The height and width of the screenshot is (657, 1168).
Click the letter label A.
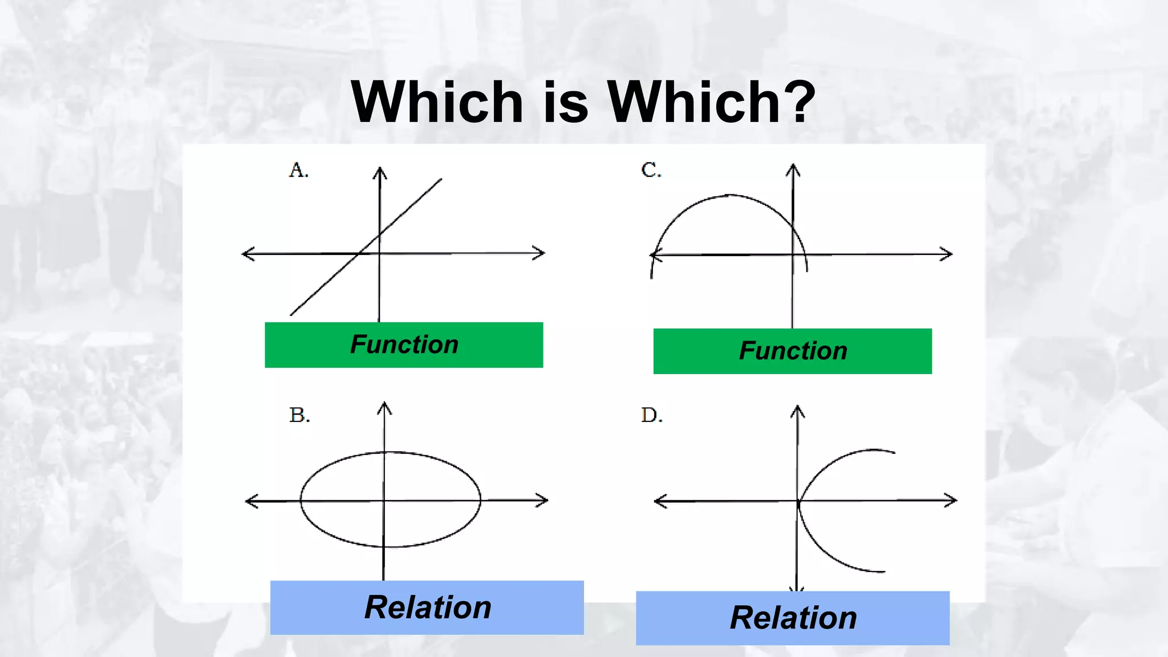(299, 170)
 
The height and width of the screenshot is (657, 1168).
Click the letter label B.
(299, 415)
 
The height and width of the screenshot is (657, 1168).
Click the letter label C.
(651, 170)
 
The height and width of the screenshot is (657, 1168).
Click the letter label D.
(652, 415)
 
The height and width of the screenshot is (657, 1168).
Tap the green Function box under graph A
(404, 345)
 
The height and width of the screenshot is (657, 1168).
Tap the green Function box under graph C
(792, 351)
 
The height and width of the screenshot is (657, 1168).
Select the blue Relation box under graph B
(427, 607)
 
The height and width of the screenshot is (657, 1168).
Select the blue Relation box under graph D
(792, 618)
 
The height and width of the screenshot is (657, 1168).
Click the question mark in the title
(798, 102)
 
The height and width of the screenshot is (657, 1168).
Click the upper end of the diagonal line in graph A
(440, 180)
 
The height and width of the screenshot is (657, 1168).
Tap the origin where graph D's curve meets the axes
(798, 502)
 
